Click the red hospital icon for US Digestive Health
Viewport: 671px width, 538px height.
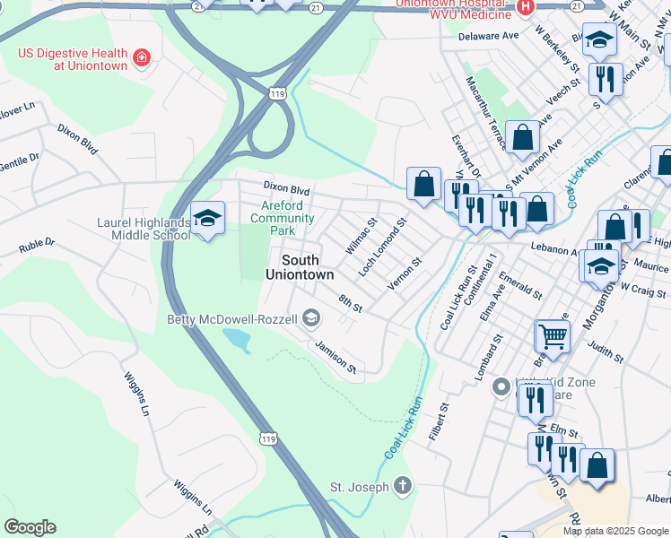tap(141, 59)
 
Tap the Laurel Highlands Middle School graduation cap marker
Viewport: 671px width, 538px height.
tap(207, 219)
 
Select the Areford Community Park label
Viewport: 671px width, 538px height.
tap(282, 218)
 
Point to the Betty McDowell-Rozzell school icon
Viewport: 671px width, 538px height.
tap(311, 318)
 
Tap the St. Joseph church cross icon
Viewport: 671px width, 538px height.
tap(403, 487)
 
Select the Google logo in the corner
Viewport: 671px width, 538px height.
tap(30, 526)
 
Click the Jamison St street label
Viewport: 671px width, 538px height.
tap(335, 356)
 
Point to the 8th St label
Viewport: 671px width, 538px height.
tap(350, 303)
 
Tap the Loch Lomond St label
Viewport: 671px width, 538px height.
tap(382, 246)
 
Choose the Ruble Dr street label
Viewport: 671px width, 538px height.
tap(38, 243)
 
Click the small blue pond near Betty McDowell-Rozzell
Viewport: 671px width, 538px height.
tap(235, 339)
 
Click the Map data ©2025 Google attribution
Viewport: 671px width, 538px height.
tap(615, 530)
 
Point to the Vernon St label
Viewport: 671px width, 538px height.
tap(404, 274)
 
